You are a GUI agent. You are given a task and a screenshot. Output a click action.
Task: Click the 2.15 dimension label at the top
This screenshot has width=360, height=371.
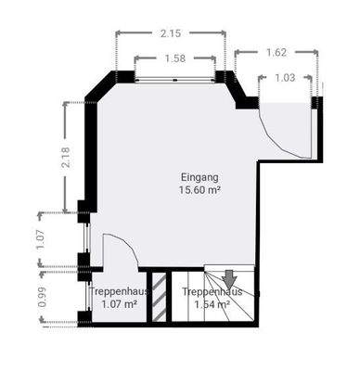point(171,33)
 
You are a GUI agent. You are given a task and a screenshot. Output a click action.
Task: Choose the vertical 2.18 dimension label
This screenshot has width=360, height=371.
point(65,156)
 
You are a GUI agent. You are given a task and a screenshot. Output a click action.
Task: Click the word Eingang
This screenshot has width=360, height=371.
point(199,176)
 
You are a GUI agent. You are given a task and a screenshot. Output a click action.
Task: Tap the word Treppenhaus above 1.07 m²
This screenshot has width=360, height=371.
point(118,291)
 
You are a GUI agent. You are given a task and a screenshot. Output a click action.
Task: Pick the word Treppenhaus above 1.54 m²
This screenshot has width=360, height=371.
point(212,291)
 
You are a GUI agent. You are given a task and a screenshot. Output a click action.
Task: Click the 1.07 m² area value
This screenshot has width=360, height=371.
point(118,303)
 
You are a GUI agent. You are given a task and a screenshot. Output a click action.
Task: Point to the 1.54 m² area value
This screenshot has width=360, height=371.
point(212,303)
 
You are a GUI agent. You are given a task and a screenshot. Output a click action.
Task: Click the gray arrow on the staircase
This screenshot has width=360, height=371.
point(228,276)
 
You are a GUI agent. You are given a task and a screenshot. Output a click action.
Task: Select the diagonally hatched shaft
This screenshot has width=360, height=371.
point(160,297)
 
